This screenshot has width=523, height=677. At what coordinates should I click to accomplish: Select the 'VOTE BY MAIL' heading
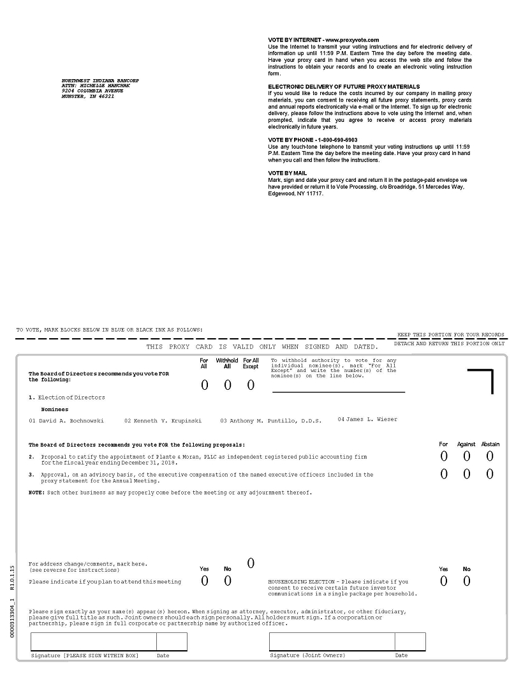coord(287,173)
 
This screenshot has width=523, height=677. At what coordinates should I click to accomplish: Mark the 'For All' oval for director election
coord(205,385)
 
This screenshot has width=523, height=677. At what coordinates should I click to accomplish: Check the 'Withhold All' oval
coord(228,385)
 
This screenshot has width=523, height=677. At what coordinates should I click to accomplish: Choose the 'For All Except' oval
coord(251,385)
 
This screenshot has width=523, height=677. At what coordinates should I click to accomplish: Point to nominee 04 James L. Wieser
coord(367,419)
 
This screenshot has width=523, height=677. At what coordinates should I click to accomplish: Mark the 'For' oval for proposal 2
coord(444,456)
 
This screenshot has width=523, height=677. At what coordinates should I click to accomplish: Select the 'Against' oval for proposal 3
coord(467,474)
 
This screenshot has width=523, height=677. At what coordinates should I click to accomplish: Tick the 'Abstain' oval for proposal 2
coord(490,456)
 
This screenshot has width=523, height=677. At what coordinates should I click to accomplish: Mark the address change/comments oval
coord(251,563)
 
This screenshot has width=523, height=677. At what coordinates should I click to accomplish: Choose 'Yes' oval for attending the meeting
coord(205,581)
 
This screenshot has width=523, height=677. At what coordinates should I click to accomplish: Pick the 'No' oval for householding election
coord(467,581)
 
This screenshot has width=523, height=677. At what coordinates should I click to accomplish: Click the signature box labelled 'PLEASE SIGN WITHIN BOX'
coord(93,641)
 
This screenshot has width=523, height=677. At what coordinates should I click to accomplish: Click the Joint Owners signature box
coord(332,641)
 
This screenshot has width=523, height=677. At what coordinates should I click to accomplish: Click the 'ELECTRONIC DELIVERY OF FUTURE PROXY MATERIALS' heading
coord(344,86)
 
